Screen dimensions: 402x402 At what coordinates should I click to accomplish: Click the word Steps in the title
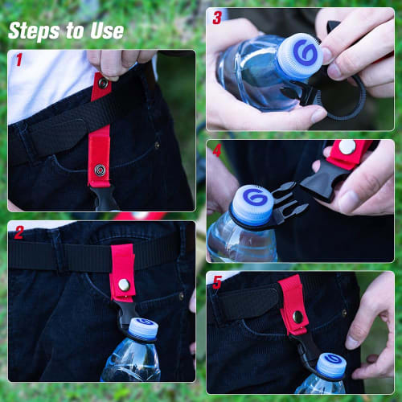[34, 31]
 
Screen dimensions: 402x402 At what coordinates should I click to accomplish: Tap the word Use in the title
[105, 31]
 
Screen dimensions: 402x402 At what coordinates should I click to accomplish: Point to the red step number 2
[18, 233]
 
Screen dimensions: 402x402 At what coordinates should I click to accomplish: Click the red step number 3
[216, 18]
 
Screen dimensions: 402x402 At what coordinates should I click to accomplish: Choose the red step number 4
[216, 150]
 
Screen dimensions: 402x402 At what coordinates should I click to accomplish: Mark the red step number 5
[216, 282]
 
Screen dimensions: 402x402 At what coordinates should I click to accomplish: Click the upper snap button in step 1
[103, 83]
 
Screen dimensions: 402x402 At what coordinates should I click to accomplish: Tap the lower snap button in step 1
[99, 170]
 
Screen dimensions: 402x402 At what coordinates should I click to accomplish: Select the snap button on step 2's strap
[124, 284]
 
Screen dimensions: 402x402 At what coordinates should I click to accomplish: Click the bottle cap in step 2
[143, 327]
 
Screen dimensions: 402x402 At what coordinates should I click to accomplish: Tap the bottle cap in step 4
[250, 204]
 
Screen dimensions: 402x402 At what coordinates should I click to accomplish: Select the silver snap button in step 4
[347, 147]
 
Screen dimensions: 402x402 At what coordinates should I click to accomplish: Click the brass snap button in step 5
[298, 316]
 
